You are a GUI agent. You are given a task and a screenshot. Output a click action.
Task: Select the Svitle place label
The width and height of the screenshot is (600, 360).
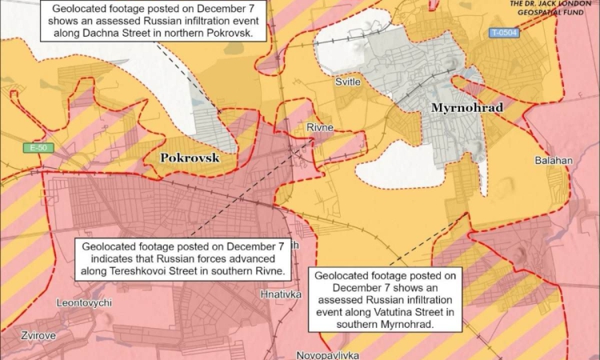(348, 82)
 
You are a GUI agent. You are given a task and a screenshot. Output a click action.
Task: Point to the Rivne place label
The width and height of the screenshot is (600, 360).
(320, 127)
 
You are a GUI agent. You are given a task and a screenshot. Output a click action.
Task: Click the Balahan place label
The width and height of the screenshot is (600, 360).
(554, 161)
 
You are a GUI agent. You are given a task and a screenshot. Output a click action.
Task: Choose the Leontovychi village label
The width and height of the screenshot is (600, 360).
(85, 303)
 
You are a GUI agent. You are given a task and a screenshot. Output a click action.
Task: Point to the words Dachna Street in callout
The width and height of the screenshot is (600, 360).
(107, 34)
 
